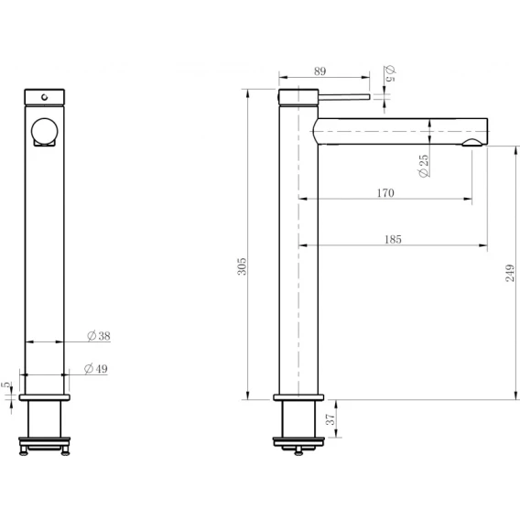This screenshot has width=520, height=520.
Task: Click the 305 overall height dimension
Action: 242,266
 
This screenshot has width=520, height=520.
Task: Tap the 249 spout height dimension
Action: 510,273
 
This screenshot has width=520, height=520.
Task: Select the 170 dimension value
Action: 385,193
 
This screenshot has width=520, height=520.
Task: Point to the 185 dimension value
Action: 393,240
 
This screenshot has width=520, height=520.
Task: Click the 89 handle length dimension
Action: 320,71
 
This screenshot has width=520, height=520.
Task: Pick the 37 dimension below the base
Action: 330,419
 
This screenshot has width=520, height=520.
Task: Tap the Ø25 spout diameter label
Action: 424,166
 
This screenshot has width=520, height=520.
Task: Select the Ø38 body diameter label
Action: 99,336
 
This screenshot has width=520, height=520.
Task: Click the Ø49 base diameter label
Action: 96,368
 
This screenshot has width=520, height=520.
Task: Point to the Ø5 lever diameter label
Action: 390,73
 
